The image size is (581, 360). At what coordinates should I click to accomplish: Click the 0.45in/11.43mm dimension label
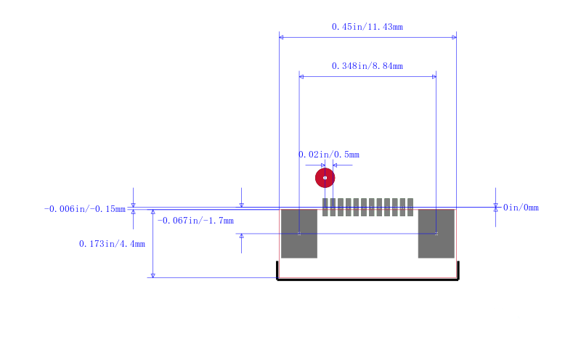coord(367,27)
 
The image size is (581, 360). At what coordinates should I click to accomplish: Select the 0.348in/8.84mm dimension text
coord(367,66)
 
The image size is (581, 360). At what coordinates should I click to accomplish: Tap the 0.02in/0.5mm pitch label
coord(329,155)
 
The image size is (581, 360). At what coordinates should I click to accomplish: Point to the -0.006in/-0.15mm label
coord(85,209)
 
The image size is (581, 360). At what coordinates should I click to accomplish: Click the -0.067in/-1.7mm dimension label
coord(195,221)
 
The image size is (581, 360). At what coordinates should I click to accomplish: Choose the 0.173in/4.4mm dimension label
coord(112,244)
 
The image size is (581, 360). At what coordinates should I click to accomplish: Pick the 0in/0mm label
coord(521,208)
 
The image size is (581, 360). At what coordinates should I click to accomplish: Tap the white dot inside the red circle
coord(325,178)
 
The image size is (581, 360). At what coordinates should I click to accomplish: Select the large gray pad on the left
coord(299,233)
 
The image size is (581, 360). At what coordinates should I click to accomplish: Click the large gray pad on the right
coord(436,233)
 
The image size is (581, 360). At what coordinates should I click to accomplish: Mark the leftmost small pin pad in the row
coord(325,207)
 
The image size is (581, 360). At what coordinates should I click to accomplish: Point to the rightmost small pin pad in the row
coord(410,207)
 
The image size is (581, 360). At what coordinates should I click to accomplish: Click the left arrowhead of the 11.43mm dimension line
coord(281,38)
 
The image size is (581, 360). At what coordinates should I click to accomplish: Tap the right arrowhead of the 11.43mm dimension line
coord(455,38)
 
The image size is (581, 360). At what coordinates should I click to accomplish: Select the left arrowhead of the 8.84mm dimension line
coord(301,77)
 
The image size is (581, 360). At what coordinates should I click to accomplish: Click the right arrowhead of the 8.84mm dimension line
coord(434,77)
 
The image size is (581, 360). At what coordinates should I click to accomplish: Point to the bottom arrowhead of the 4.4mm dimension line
coord(153,275)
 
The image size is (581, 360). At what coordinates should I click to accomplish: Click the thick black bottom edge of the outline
coord(368,279)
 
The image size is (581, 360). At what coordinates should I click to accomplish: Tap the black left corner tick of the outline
coord(277,270)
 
